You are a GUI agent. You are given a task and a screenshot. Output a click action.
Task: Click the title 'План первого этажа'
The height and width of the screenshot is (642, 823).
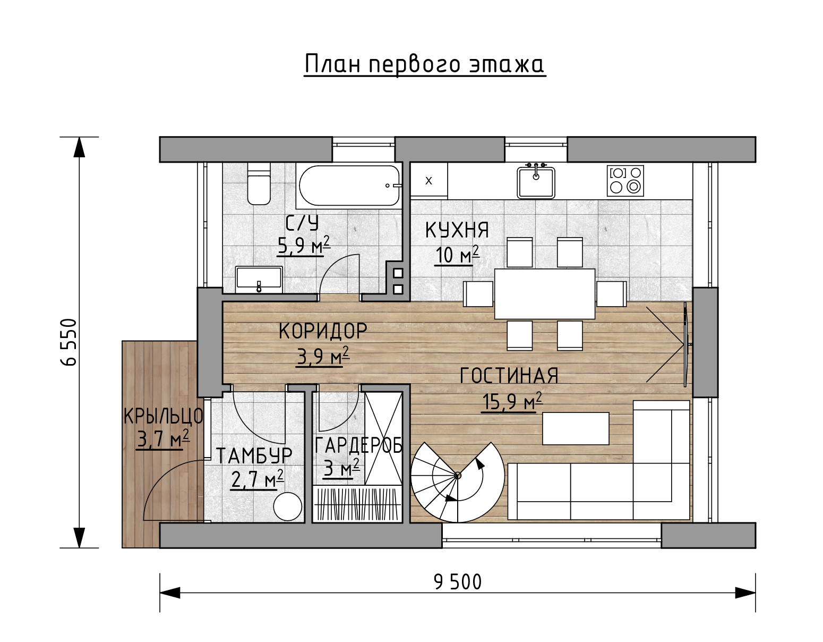click(x=425, y=64)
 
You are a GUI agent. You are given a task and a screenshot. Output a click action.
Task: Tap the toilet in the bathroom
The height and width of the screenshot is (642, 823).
click(x=259, y=184)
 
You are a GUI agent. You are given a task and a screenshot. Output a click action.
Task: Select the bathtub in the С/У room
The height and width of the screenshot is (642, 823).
click(x=349, y=185)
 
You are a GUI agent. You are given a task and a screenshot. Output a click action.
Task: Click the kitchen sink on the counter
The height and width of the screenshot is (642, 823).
click(x=536, y=182)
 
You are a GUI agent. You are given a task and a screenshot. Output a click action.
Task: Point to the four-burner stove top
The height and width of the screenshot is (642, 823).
click(x=625, y=181)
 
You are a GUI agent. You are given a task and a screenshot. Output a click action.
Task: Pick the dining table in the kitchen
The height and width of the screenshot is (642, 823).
click(x=545, y=294)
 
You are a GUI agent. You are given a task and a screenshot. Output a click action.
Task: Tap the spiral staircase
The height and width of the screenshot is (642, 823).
click(x=458, y=483)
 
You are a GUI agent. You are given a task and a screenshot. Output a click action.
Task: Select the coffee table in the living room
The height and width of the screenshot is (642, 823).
click(x=576, y=428)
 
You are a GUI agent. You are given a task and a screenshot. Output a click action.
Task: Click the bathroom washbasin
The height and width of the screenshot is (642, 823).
click(x=259, y=280)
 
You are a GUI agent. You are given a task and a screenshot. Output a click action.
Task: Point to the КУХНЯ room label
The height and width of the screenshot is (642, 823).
click(x=457, y=230)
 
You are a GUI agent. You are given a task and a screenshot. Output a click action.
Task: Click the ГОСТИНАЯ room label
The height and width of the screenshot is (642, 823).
click(x=509, y=376)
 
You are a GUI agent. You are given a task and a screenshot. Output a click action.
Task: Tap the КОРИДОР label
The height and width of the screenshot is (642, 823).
click(x=323, y=331)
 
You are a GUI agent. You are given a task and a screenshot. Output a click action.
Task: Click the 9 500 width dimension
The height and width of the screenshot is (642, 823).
click(x=458, y=582)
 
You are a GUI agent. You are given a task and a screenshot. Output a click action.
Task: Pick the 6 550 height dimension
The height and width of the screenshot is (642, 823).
click(x=69, y=342)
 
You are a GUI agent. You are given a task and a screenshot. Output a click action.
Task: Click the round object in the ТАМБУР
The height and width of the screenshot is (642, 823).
click(x=288, y=506)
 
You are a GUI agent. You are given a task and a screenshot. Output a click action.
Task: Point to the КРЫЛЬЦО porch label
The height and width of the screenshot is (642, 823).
click(x=163, y=416)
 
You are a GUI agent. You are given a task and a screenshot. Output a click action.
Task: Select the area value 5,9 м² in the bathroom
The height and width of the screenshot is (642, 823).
click(x=304, y=245)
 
